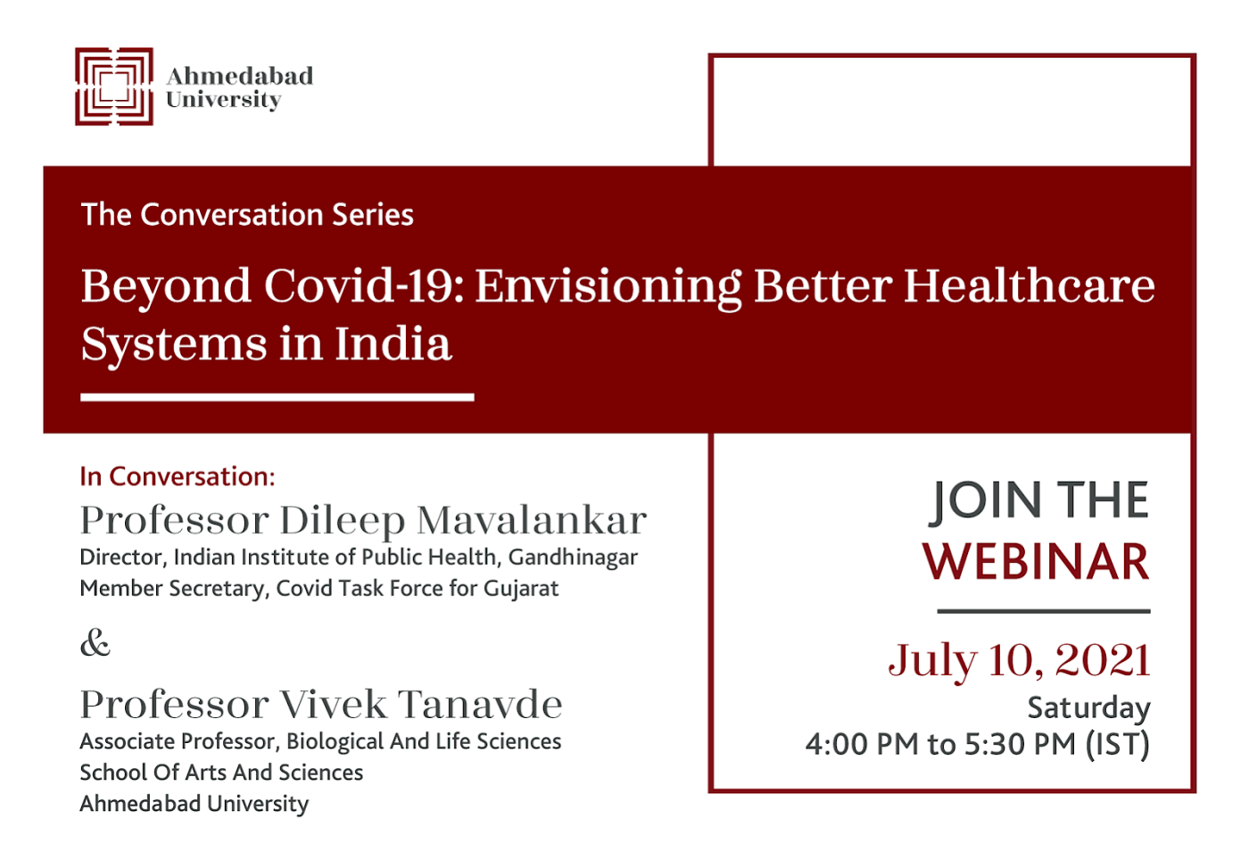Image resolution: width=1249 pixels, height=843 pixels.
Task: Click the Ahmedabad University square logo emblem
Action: point(114,87)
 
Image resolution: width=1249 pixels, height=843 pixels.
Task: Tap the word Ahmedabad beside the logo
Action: point(240,76)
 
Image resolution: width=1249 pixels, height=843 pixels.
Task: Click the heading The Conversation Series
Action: point(247,215)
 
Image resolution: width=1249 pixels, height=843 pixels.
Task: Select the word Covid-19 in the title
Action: point(364,286)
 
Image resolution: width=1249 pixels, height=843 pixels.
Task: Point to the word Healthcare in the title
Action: point(1030,286)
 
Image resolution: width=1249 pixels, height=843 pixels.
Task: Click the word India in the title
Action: point(393,344)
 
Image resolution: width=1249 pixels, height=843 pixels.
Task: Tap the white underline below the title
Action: point(277,397)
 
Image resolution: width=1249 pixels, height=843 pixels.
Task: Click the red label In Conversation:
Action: point(178,476)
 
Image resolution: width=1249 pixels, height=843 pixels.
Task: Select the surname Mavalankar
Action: point(532,520)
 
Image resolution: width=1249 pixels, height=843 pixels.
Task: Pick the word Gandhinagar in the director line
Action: point(573,558)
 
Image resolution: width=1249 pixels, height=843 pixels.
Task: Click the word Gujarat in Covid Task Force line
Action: point(521,589)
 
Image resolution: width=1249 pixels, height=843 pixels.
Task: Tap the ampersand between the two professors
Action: point(95,643)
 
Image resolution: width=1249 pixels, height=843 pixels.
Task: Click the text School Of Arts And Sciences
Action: point(221,773)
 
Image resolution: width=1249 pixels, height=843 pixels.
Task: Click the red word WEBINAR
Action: point(1036,561)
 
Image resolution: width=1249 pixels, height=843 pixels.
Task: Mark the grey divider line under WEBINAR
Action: point(1044,612)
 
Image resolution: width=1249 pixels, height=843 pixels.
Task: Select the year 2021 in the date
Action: point(1103,660)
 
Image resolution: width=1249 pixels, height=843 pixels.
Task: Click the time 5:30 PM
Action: point(1020,744)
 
